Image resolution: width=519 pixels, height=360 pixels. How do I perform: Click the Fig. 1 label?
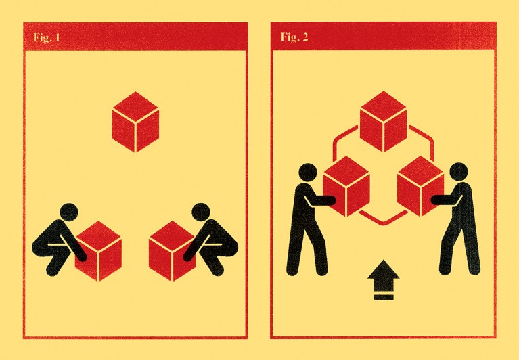click(x=46, y=37)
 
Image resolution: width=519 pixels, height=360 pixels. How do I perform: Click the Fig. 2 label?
click(x=294, y=37)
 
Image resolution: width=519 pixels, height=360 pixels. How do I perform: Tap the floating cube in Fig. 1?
click(x=135, y=122)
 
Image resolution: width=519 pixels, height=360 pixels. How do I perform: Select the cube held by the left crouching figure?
click(x=98, y=251)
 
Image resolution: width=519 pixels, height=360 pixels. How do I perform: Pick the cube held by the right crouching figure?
click(x=172, y=251)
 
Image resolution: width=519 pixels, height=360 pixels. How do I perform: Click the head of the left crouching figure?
click(x=69, y=212)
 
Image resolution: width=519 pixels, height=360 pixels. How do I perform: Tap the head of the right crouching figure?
click(x=201, y=212)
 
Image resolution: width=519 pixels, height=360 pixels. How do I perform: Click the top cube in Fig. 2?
click(x=383, y=122)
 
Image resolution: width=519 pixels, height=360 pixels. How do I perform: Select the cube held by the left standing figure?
click(x=346, y=186)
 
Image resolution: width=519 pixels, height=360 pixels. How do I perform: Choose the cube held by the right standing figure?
click(x=420, y=186)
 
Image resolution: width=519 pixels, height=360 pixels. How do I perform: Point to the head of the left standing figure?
click(x=308, y=173)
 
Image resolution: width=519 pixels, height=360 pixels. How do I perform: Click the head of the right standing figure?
click(x=459, y=172)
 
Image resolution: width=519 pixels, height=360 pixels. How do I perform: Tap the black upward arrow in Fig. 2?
click(x=383, y=272)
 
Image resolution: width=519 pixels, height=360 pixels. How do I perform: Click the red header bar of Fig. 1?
click(x=135, y=37)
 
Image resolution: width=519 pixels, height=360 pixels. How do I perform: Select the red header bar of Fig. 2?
click(x=383, y=36)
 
